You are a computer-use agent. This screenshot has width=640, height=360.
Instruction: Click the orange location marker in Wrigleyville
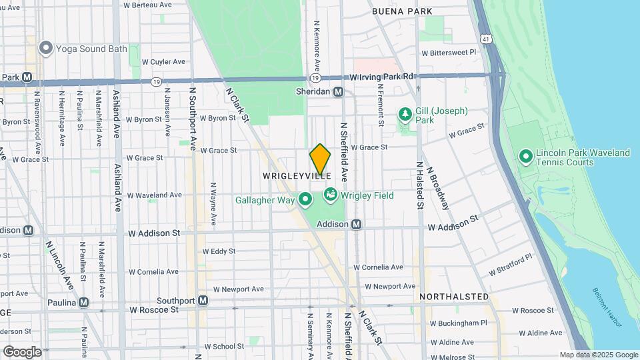pos(320,159)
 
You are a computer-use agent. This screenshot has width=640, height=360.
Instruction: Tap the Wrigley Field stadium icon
pos(329,195)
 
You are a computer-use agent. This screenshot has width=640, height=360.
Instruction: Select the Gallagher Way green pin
pos(305,199)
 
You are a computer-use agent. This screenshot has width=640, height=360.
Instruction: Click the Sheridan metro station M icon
pos(339,92)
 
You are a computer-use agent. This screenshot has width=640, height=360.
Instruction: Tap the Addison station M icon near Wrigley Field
pos(357,225)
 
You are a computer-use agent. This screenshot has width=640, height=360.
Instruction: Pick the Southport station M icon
pos(203,301)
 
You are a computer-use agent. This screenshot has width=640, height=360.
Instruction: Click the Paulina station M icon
pos(83,302)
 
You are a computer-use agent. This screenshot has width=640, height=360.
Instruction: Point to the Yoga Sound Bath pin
pos(46,47)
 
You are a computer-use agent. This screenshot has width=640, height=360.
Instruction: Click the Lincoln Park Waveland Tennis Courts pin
pos(525,157)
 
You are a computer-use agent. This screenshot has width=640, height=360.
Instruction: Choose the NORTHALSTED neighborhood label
pos(454,296)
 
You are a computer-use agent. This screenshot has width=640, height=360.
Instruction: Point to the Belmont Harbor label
pos(607,308)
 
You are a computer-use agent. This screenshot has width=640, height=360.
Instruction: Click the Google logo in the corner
pos(22,351)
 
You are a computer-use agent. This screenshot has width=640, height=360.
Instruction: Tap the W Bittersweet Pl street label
pos(449,52)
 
